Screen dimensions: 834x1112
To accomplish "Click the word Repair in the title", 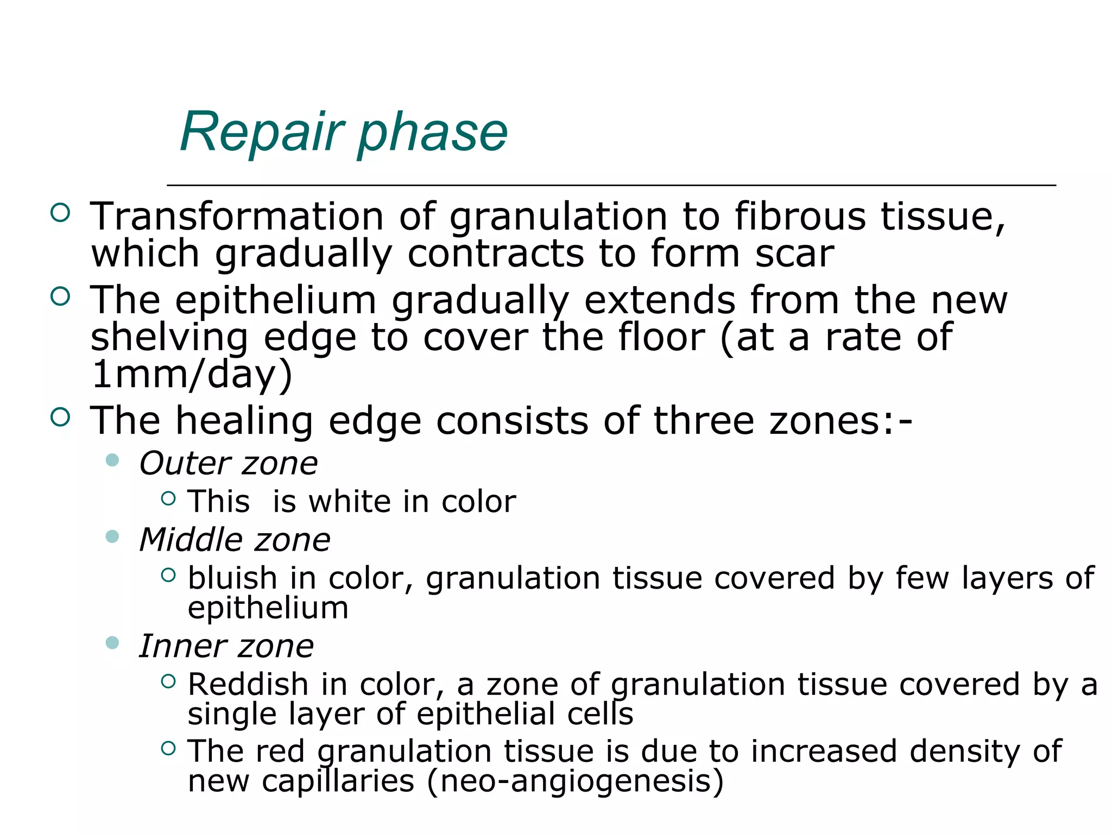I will coord(262,132).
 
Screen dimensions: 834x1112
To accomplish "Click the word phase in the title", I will coord(432,133).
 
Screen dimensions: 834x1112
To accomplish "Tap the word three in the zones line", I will coord(704,421).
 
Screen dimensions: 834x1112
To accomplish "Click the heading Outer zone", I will coord(229,464).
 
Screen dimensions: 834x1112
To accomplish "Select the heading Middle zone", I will coord(235,540).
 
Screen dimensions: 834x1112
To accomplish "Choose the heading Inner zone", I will coord(226,646).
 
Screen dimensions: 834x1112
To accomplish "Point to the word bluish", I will coord(232,578).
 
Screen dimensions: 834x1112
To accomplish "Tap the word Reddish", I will coord(248,684).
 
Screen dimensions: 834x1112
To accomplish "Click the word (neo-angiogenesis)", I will coord(576,781).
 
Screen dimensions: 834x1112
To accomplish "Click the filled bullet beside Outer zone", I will coord(112,460).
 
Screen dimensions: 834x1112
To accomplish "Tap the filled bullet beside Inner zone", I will coord(112,643).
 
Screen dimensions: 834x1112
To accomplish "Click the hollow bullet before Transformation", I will coord(60,212).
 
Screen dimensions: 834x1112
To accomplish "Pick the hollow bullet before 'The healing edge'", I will coord(60,417).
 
